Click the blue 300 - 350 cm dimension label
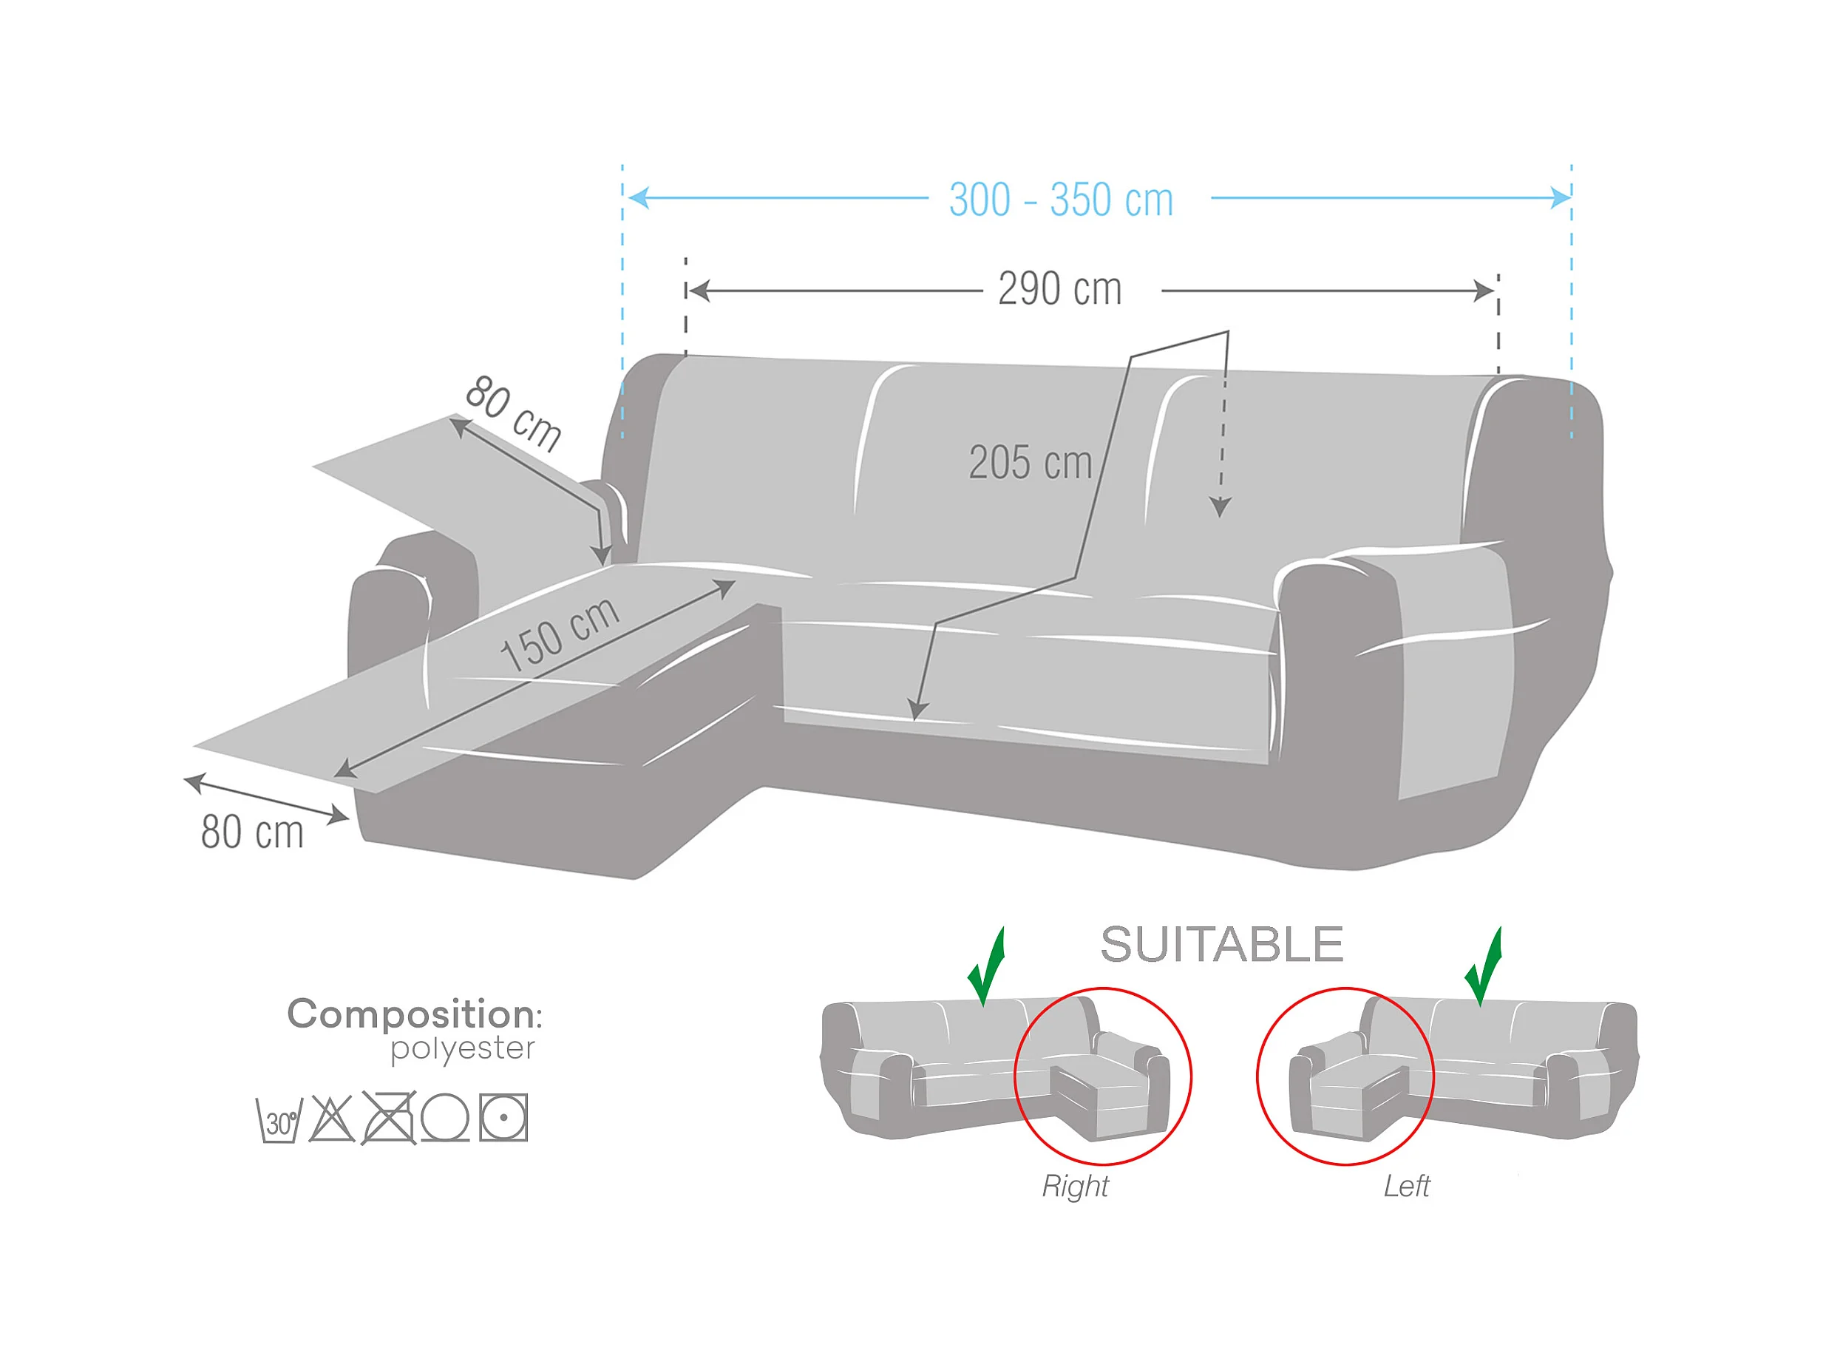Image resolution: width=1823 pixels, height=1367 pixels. click(1061, 200)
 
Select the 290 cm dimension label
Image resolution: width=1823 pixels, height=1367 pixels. click(1060, 289)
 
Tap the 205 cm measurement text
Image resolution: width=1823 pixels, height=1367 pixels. click(1031, 462)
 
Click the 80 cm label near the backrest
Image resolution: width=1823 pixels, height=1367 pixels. click(512, 413)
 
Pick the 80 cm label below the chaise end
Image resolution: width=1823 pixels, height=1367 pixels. click(252, 832)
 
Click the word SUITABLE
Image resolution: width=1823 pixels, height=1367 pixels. click(1222, 944)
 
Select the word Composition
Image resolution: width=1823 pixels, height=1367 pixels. click(410, 1014)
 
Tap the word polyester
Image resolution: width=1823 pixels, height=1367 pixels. click(462, 1049)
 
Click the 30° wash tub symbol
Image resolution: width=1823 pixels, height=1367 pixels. click(279, 1121)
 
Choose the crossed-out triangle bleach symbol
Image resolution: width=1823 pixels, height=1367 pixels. click(331, 1119)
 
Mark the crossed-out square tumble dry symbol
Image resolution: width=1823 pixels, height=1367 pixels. click(389, 1118)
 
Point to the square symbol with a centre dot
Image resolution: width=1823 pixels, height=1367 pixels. click(503, 1118)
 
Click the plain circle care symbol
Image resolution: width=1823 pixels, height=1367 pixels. click(445, 1118)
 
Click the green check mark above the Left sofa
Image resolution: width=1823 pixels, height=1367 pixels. click(1484, 969)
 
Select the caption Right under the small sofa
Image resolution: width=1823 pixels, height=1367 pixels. click(1076, 1187)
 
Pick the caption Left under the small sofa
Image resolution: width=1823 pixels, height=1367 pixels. click(1406, 1187)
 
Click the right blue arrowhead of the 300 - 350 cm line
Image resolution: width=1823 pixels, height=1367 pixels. click(1561, 197)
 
